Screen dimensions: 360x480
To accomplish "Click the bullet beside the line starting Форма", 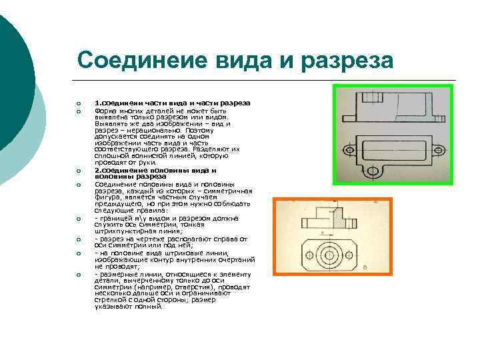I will click(x=78, y=111).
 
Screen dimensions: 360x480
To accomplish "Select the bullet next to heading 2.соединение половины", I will click(x=78, y=170).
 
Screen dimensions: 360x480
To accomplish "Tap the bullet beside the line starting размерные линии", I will click(x=78, y=274).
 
